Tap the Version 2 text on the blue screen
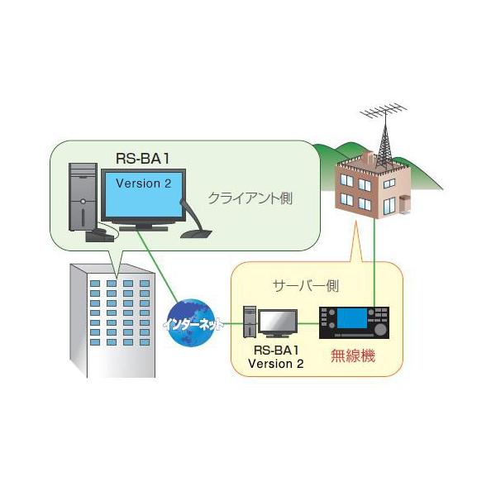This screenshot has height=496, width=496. pos(144,184)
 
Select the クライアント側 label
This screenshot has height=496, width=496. pos(250,200)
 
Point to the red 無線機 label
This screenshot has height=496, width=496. pos(353,356)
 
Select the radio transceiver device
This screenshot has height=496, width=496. pos(354,322)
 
